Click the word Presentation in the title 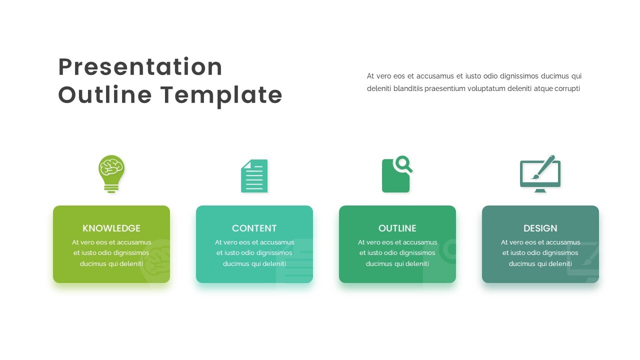(140, 67)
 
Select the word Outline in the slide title (105, 94)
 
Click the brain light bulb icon (111, 174)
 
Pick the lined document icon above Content (254, 176)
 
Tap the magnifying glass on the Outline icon (403, 164)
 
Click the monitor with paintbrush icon (540, 174)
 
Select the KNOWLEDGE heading (111, 228)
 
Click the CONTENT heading (254, 228)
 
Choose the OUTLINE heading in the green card (397, 228)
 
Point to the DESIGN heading (540, 228)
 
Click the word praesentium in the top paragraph (445, 89)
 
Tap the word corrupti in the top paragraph (567, 88)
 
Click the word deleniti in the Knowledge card (131, 263)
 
